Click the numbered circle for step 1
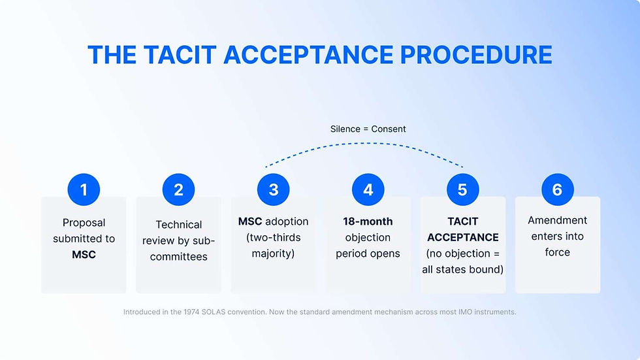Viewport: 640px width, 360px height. point(84,189)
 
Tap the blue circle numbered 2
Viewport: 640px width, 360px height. point(178,189)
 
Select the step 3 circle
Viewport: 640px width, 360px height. point(273,189)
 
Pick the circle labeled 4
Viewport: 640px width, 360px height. point(368,189)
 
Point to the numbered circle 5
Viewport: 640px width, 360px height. point(462,189)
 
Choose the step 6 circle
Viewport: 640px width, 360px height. point(557,189)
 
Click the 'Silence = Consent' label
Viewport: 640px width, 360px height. point(368,129)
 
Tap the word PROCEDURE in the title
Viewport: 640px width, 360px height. point(476,55)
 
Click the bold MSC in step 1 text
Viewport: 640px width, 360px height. point(84,254)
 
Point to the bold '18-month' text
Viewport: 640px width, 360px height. point(368,221)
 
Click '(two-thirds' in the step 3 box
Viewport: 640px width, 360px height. point(273,237)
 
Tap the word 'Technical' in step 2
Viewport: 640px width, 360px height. point(178,224)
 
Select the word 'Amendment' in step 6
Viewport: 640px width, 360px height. point(557,220)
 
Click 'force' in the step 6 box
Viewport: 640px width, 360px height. point(557,252)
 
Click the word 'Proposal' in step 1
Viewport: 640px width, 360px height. point(84,222)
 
